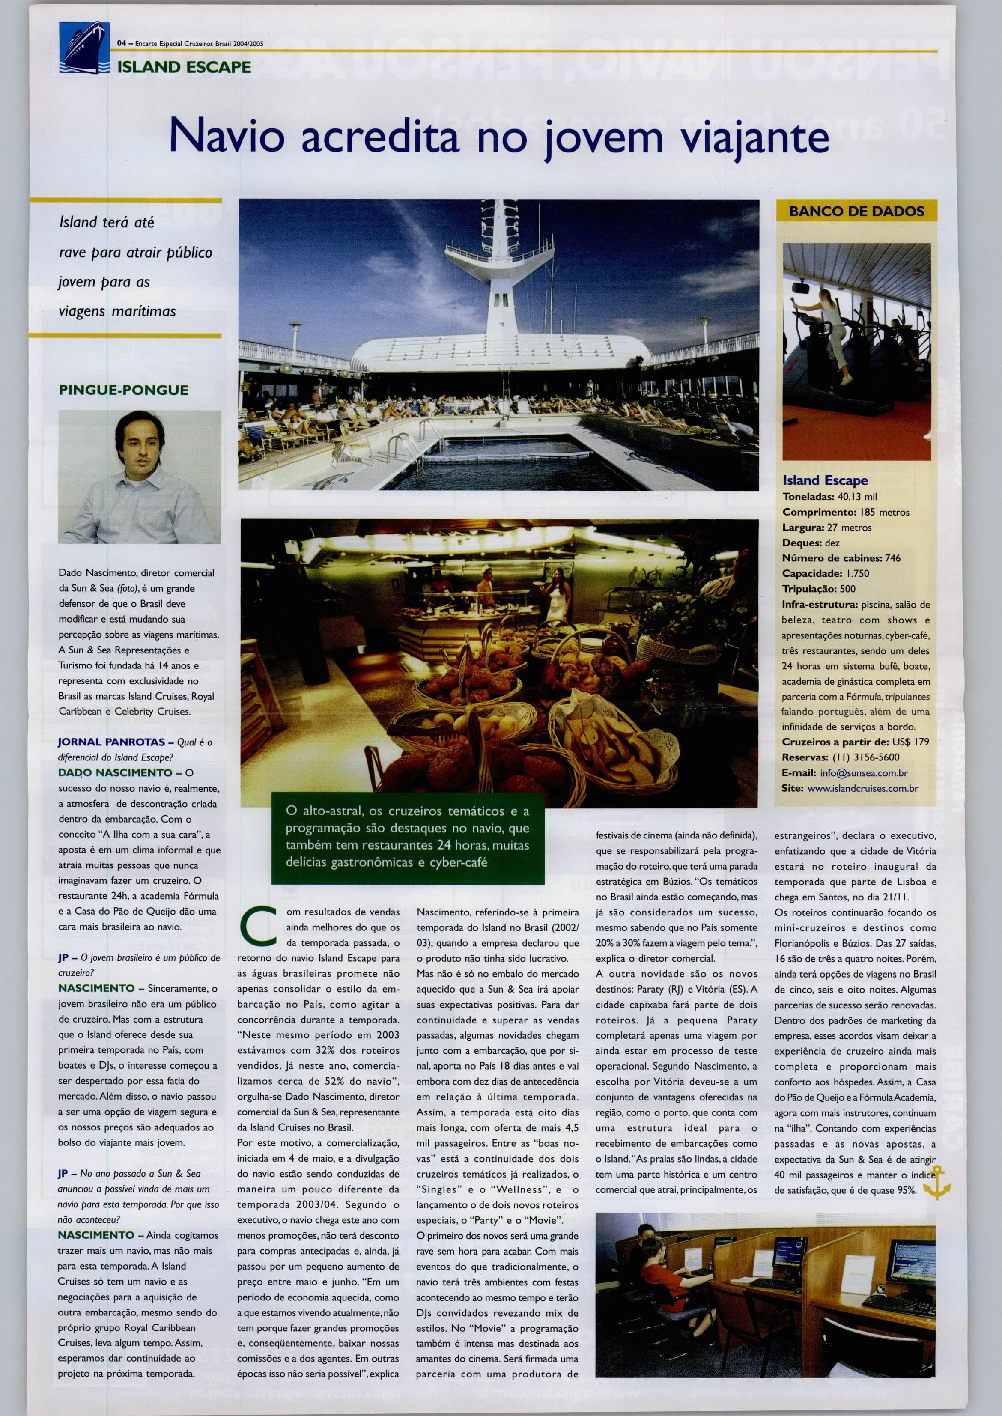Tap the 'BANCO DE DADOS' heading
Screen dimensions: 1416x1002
[x=856, y=212]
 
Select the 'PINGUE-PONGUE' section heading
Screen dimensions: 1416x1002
[x=123, y=390]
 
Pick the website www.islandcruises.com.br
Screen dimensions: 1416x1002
[x=862, y=788]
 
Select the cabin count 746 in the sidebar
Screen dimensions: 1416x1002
[x=892, y=558]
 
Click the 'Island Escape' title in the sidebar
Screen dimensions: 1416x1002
[x=825, y=480]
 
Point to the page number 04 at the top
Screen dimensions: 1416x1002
[x=122, y=43]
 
